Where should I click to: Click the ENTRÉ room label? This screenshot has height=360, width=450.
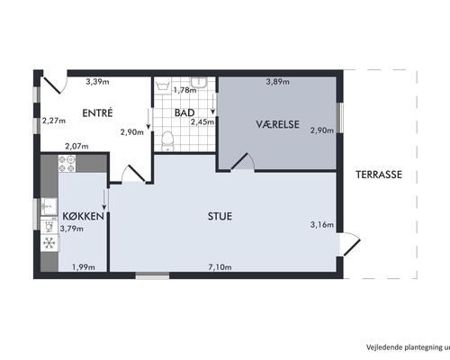tap(97, 112)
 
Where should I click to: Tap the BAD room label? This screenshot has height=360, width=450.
tap(184, 112)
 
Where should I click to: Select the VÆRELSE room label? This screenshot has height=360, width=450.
tap(277, 124)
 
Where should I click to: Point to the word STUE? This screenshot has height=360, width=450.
tap(220, 216)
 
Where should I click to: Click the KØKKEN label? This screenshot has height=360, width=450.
tap(83, 216)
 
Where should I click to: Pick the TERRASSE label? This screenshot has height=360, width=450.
tap(379, 175)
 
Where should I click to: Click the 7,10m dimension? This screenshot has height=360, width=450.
tap(220, 267)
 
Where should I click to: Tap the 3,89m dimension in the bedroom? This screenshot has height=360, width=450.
tap(278, 81)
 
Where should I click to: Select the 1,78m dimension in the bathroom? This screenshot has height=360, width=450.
tap(185, 90)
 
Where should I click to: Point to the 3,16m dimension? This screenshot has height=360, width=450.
tap(322, 224)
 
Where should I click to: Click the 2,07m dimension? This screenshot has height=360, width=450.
tap(76, 147)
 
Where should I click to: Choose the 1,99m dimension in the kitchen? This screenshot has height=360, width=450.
tap(84, 267)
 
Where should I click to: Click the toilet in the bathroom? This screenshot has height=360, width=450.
tap(167, 141)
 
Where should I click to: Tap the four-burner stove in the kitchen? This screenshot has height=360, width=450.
tap(67, 164)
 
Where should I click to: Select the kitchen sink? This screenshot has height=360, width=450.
tap(49, 206)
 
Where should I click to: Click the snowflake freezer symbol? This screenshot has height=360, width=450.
tap(49, 243)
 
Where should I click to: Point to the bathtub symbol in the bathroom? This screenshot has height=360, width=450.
tap(164, 86)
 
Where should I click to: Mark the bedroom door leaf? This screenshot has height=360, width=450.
tap(239, 162)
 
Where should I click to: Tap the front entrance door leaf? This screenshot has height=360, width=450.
tap(52, 85)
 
